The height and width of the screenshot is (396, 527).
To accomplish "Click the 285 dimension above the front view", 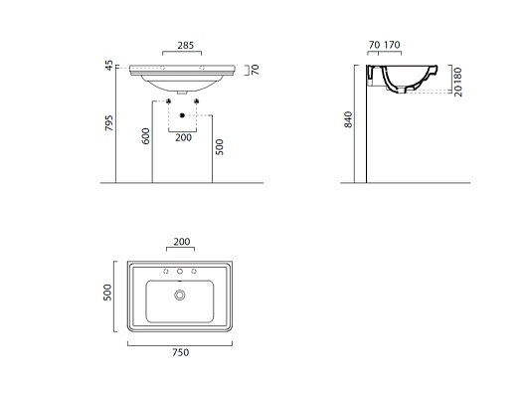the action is click(x=186, y=45).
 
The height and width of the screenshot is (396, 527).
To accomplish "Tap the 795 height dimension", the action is click(x=109, y=123).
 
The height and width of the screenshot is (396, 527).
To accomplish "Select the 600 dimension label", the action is click(x=146, y=136).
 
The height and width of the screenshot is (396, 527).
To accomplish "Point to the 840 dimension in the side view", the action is click(x=348, y=119).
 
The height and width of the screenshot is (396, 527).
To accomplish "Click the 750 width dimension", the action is click(x=181, y=352).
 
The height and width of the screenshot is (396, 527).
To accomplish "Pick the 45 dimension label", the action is click(x=109, y=66).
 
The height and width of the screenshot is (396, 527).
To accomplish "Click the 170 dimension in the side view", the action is click(x=392, y=45).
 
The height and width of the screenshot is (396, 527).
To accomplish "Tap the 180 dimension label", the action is click(x=457, y=76).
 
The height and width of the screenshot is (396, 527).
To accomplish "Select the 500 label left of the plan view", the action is click(x=107, y=293).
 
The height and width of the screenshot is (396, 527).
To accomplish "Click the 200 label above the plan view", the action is click(x=182, y=242).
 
